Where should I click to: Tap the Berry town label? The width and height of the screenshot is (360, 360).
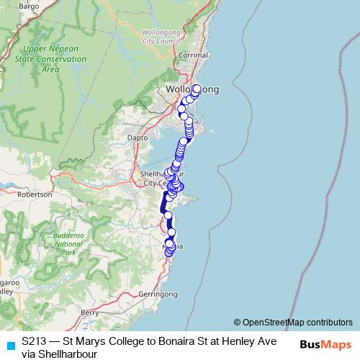(89, 313)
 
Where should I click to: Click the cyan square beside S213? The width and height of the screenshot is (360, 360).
(10, 345)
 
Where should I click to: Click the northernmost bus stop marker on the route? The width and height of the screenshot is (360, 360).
(196, 89)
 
